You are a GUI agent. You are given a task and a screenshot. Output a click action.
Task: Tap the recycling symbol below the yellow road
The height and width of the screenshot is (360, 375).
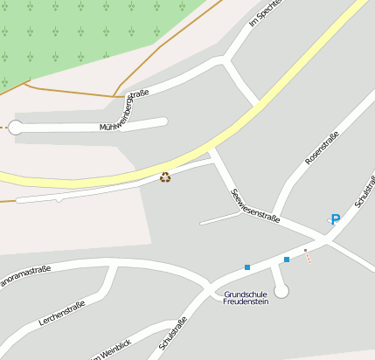[x=165, y=177]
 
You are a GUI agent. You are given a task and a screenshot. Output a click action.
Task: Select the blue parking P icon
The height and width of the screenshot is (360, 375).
[x=335, y=219]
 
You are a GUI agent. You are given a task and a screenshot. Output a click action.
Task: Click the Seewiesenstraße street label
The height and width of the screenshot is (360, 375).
[x=255, y=206]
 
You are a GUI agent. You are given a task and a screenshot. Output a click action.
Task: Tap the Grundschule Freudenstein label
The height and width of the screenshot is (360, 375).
[x=246, y=298]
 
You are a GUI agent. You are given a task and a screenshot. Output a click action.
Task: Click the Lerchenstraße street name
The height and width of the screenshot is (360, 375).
[x=61, y=313]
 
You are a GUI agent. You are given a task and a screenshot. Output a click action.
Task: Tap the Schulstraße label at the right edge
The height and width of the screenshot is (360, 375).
[x=365, y=190]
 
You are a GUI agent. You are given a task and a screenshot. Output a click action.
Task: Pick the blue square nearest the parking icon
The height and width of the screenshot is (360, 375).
[x=287, y=260]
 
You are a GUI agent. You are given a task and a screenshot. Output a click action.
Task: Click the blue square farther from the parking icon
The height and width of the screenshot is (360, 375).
[x=247, y=267]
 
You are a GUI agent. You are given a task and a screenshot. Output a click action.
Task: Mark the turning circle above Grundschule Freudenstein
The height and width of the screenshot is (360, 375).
[x=281, y=290]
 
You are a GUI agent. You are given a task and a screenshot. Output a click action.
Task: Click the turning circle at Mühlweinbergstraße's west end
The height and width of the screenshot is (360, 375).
[x=15, y=128]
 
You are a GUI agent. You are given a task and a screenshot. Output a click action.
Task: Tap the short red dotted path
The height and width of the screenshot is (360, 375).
[x=309, y=260]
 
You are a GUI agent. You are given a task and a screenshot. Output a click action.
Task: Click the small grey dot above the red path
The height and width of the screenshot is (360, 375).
[x=305, y=251]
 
